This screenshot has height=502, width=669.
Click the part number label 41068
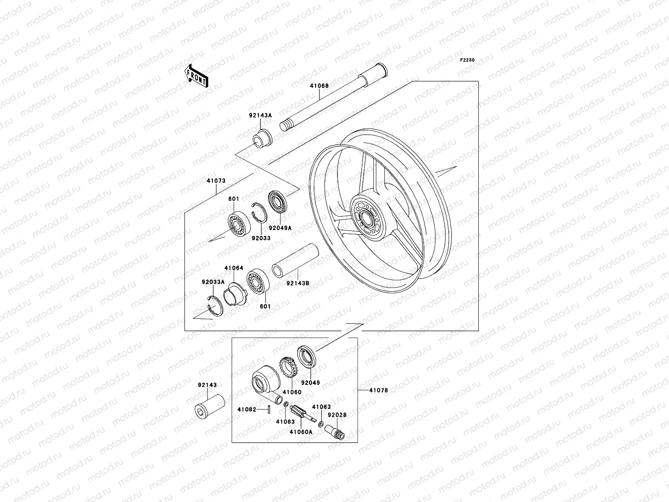(319, 86)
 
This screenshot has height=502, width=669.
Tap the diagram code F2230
(468, 60)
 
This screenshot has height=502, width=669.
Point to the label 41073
(216, 181)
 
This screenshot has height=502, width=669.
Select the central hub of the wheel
(366, 218)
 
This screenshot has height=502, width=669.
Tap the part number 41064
(233, 268)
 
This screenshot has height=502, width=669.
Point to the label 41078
(378, 390)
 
